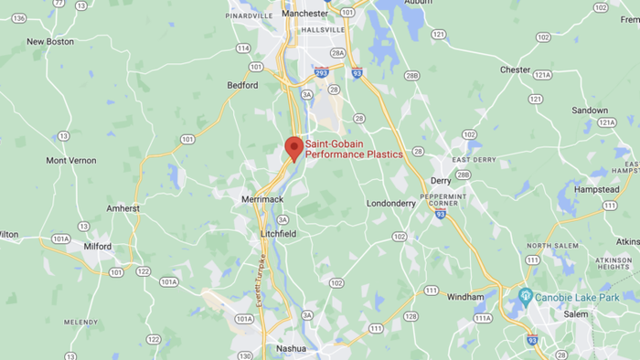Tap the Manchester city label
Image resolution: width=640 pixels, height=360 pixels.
(x=305, y=14)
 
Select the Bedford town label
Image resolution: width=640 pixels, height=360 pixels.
(x=242, y=85)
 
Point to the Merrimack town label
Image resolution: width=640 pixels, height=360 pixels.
(x=263, y=199)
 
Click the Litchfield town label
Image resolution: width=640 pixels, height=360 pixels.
(x=277, y=234)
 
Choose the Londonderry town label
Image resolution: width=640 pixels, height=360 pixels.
(x=390, y=204)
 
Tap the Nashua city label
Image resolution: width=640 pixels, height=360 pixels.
(x=290, y=348)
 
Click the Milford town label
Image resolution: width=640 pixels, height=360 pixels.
(x=97, y=246)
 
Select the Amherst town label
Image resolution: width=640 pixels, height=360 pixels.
(x=123, y=208)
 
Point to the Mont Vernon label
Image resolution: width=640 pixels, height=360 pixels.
(x=71, y=161)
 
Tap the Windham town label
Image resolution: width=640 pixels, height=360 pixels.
(x=464, y=297)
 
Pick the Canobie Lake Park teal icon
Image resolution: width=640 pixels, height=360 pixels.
(x=525, y=297)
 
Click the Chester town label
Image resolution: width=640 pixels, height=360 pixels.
(x=515, y=69)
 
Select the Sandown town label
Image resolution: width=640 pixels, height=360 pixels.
(x=590, y=110)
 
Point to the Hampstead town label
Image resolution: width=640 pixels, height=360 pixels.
(x=596, y=189)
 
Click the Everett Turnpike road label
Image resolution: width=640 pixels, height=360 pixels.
(x=261, y=282)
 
